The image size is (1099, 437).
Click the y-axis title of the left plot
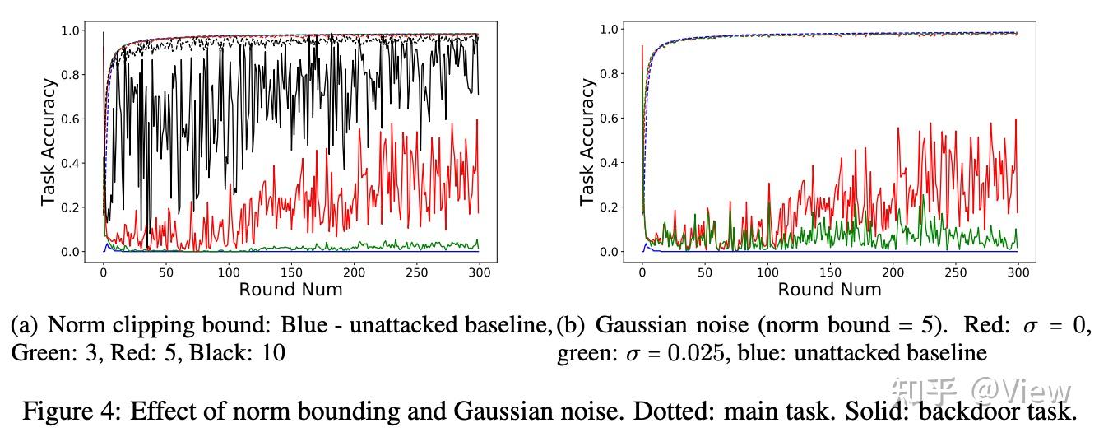[x=49, y=142]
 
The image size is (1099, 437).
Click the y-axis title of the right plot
[x=587, y=142]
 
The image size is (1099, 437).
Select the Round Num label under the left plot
[x=290, y=289]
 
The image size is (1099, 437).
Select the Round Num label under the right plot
[x=829, y=289]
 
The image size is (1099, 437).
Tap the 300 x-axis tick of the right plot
[x=1018, y=271]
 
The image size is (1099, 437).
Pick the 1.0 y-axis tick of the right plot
[x=610, y=30]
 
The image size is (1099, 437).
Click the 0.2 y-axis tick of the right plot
[x=610, y=207]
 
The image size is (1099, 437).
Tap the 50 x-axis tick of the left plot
[x=165, y=271]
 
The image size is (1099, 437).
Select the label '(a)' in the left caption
[x=26, y=326]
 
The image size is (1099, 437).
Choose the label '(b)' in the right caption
[x=571, y=326]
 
